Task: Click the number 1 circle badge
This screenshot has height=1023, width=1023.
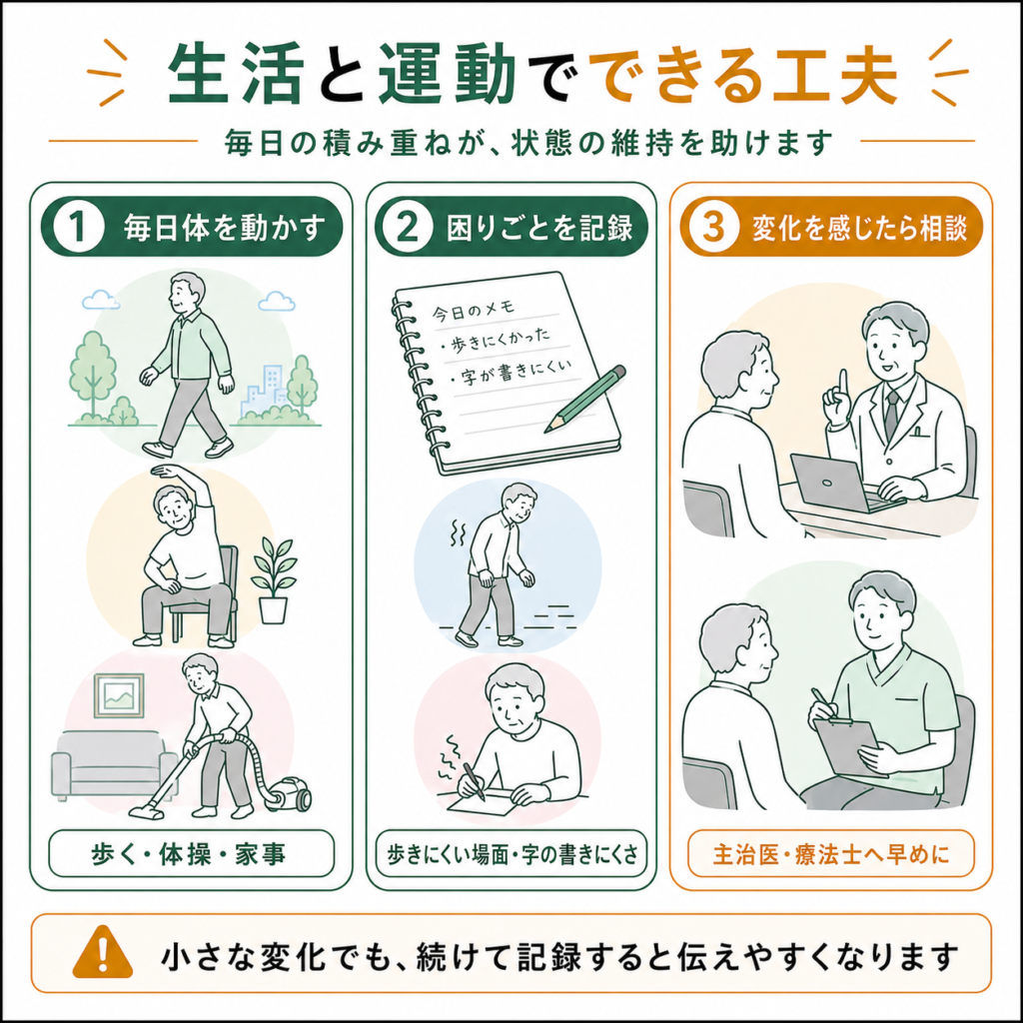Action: tap(79, 227)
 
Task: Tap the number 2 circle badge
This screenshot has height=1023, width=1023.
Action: tap(408, 227)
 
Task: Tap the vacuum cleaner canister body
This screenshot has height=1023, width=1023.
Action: tap(289, 792)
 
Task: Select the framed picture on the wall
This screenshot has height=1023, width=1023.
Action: tap(119, 695)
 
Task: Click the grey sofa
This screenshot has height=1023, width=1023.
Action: tap(112, 764)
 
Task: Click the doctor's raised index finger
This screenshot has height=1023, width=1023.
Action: tap(843, 384)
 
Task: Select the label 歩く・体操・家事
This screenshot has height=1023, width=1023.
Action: tap(189, 854)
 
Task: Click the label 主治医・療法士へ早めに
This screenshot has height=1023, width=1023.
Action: tap(831, 854)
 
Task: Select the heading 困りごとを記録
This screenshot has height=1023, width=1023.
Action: tap(539, 228)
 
